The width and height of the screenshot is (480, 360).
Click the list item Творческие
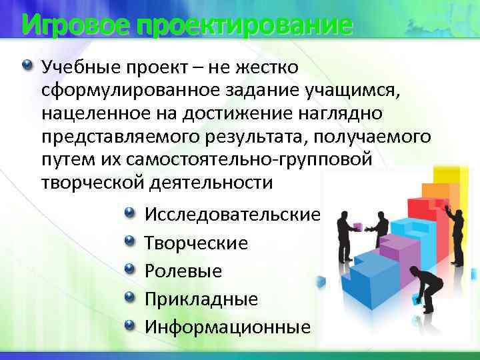(x=196, y=243)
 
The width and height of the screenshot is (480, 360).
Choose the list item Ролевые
(x=183, y=271)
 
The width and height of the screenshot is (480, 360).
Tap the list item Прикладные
(x=201, y=299)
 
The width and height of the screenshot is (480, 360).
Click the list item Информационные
(x=227, y=327)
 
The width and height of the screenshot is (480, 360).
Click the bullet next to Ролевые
(x=129, y=269)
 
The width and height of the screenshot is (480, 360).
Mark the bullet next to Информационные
(x=129, y=325)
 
